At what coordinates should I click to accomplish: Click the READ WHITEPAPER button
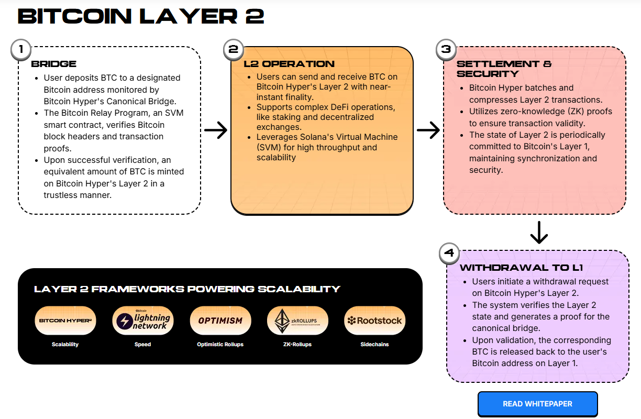coord(537,404)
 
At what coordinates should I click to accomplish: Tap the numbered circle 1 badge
coord(20,49)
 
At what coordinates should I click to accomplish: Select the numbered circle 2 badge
coord(233,49)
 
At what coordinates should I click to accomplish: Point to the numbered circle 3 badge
coord(446,49)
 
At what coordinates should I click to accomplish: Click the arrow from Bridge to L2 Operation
coord(216,130)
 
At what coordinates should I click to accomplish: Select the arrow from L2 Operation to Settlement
coord(428,130)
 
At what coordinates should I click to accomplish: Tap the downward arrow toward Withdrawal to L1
coord(538,232)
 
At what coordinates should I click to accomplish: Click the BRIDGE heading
coord(54,64)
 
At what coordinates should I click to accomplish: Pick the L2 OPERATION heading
coord(289,64)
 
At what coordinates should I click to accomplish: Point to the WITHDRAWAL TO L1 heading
coord(521,268)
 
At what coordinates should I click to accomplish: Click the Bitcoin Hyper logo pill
coord(65,321)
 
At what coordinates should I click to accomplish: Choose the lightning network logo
coord(143,321)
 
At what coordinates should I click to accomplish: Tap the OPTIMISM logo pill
coord(220,321)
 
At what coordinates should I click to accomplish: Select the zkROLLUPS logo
coord(298,321)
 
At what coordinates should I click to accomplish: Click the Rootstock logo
coord(375,321)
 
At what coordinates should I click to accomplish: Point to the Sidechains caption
coord(374,345)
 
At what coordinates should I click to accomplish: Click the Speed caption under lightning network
coord(142,345)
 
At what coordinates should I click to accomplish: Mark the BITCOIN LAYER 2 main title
coord(141,17)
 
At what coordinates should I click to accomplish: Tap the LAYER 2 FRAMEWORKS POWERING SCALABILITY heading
coord(187,289)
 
